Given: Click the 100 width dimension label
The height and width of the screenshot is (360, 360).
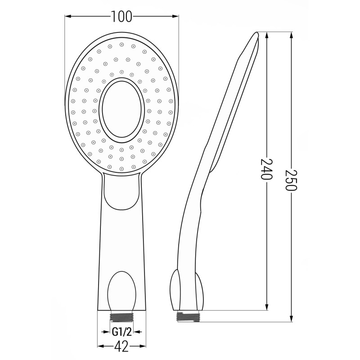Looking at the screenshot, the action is [x=121, y=17].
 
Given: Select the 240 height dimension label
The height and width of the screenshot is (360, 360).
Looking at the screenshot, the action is [x=267, y=169].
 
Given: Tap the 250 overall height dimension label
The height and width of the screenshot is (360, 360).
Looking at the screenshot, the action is [x=291, y=180].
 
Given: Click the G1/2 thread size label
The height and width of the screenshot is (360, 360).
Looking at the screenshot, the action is [x=122, y=332].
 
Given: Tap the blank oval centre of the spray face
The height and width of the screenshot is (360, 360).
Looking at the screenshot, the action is [x=121, y=109].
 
